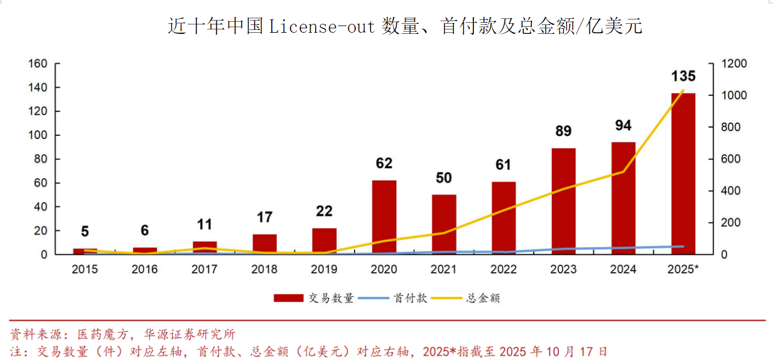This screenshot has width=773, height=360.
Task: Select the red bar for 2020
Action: pos(384,217)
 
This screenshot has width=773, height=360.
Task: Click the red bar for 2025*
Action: pos(683,173)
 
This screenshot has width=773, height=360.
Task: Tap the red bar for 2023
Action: pos(563,201)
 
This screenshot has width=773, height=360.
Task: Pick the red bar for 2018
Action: pos(265,244)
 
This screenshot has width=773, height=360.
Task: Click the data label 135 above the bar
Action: pos(683,77)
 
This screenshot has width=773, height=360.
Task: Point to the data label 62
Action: pos(384,163)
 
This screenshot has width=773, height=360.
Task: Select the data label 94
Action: pos(623,125)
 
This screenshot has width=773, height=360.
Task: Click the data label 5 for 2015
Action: pos(85,231)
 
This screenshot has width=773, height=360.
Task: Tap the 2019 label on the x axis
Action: pos(324,270)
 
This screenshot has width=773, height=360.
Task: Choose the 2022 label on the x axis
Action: pos(504,270)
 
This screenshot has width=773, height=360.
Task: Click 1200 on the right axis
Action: pos(734,64)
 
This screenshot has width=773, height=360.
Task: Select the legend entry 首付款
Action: pos(411,298)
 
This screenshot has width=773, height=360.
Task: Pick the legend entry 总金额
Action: pos(483,298)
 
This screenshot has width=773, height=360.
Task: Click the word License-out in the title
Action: pos(322,26)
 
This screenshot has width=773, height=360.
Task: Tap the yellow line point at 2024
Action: pos(623,171)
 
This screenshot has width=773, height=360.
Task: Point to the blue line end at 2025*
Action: pos(683,246)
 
